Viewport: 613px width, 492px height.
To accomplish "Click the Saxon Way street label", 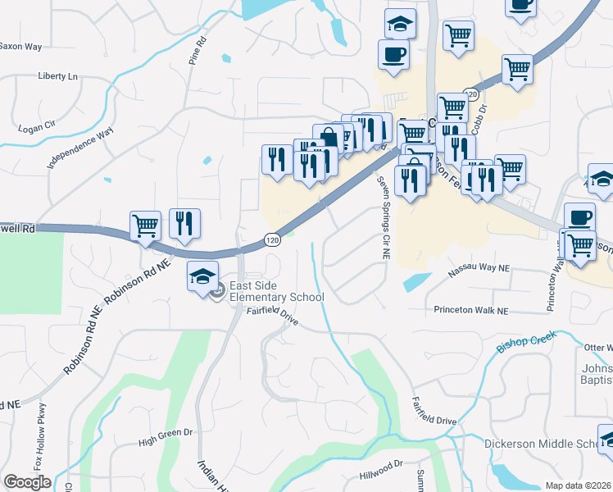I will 21,47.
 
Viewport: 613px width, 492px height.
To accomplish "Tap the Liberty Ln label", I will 57,76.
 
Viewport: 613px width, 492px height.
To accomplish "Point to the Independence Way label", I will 80,148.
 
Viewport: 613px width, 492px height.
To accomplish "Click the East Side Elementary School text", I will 276,291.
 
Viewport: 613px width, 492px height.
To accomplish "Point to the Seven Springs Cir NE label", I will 382,218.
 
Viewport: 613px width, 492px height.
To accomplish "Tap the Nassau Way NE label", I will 479,268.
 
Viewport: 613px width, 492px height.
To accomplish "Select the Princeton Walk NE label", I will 471,311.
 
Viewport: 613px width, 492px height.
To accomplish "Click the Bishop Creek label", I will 526,342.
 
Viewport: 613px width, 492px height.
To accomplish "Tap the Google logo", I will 27,481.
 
